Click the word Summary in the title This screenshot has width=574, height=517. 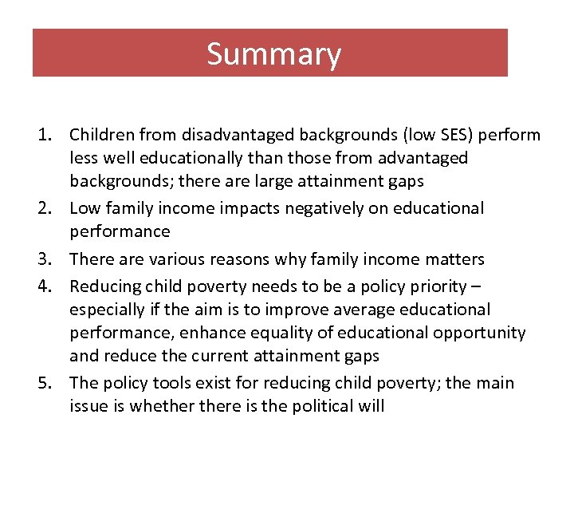pos(273,54)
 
